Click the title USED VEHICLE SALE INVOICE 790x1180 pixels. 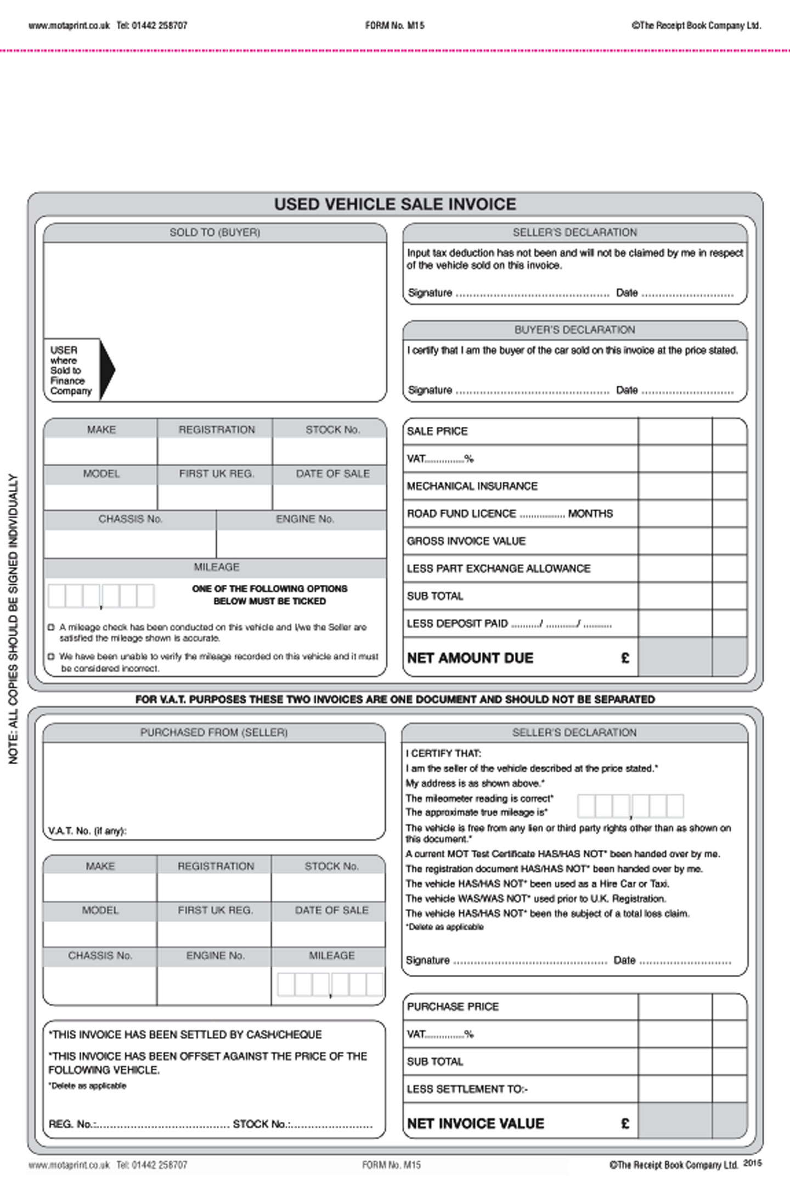click(x=395, y=204)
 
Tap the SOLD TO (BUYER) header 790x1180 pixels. click(x=215, y=233)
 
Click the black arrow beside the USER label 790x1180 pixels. click(x=108, y=370)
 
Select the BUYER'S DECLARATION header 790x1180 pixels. click(x=574, y=330)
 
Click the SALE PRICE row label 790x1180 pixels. click(x=437, y=431)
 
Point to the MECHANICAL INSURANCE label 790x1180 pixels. click(x=472, y=486)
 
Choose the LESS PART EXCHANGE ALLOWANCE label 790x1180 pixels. click(x=498, y=568)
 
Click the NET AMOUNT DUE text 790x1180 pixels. click(x=470, y=658)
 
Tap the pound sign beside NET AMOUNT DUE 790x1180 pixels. click(x=625, y=658)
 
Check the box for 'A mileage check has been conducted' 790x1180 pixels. click(x=52, y=627)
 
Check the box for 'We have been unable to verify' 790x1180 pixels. click(x=52, y=656)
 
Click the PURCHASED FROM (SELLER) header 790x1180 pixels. click(x=214, y=732)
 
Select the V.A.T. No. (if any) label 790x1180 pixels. click(x=87, y=831)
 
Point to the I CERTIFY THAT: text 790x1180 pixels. click(x=443, y=753)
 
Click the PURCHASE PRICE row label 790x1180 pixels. click(x=453, y=1007)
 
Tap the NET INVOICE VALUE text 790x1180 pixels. click(x=475, y=1123)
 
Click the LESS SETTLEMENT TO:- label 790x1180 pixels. click(x=467, y=1089)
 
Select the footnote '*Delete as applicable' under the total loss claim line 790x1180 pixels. click(x=444, y=927)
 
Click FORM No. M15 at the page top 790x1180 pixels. click(x=394, y=25)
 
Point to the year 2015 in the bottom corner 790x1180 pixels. click(x=752, y=1162)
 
